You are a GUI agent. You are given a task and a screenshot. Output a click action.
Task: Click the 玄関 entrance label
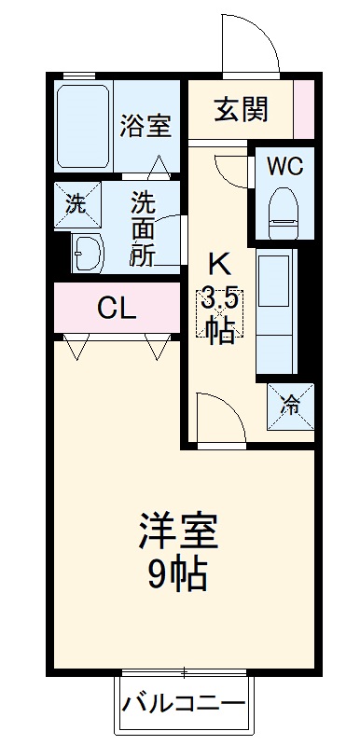pos(242,110)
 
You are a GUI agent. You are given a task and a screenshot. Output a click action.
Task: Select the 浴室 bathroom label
pos(145,126)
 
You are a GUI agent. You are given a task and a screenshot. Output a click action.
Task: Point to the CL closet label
pos(118,309)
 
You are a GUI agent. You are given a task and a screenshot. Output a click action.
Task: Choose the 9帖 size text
pos(177,575)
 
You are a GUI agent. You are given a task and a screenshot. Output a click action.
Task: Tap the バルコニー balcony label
pos(185,701)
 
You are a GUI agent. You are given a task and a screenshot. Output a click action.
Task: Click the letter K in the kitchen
pos(220,264)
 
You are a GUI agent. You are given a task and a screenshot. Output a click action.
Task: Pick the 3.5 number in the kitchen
pos(220,300)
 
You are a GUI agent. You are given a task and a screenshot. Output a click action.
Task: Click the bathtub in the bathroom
pos(84,126)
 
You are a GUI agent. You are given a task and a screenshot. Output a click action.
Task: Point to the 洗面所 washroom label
pos(142,228)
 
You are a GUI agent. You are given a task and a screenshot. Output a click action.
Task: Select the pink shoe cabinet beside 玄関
pos(305,110)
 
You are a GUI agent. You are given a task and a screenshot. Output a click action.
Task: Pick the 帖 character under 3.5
pos(220,331)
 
